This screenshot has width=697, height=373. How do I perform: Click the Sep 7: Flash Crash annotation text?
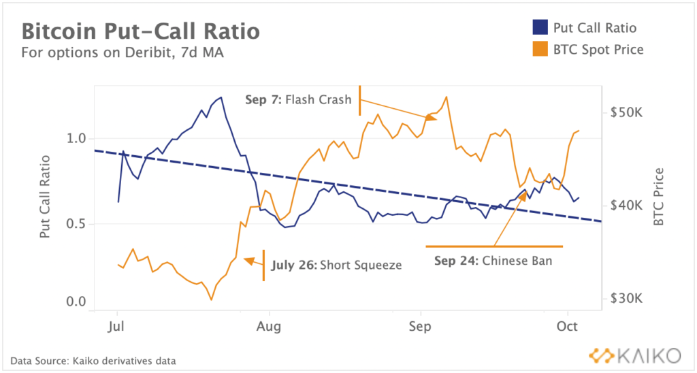298,100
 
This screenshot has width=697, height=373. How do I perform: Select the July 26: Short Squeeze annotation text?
336,265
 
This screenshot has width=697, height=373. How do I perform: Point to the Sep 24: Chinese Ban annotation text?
493,260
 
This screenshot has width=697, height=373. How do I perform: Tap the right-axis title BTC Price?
658,197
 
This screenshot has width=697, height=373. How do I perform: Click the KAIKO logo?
634,355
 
